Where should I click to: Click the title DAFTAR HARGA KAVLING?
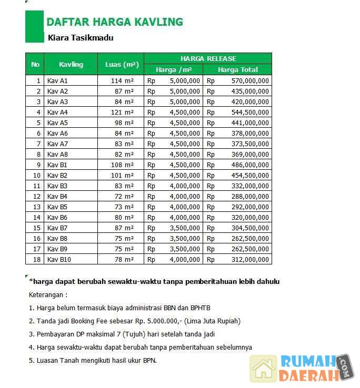point(115,22)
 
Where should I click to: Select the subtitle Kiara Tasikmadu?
point(80,38)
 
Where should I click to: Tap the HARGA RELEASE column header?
point(208,58)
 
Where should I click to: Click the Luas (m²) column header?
point(122,65)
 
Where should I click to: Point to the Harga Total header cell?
point(238,69)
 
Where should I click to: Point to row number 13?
point(37,207)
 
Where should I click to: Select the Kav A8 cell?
point(57,154)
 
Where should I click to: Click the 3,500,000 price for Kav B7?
point(185,228)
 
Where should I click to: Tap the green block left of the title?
point(34,26)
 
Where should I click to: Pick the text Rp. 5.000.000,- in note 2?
point(158,321)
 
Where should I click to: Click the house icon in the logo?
point(263,368)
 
